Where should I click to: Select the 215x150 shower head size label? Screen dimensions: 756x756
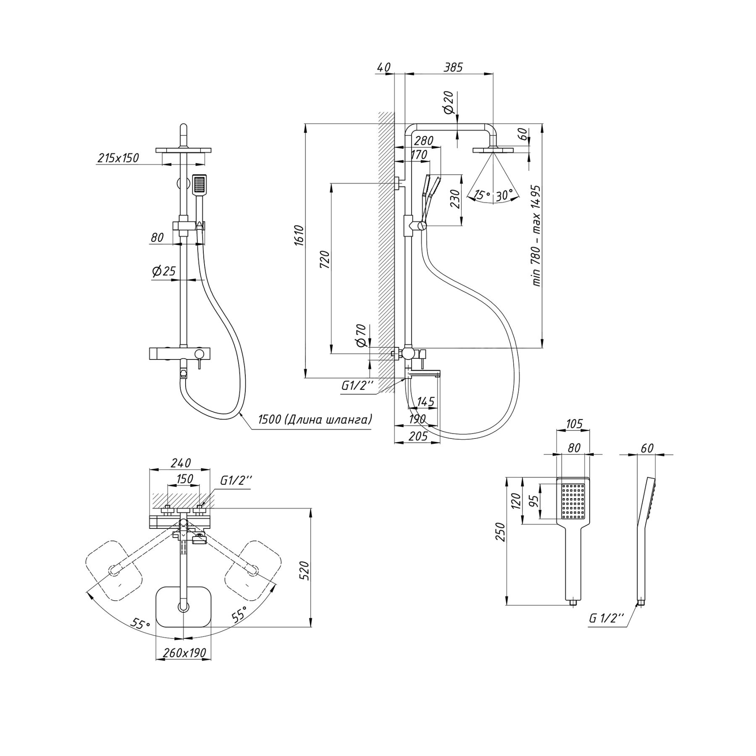tap(118, 158)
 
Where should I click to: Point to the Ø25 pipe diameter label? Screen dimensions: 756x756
tap(163, 271)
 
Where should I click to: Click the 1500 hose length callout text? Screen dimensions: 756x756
tap(315, 419)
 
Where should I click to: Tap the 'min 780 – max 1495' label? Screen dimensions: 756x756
tap(536, 236)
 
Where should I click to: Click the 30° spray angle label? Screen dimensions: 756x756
tap(504, 195)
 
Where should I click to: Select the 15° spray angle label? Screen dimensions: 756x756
tap(482, 195)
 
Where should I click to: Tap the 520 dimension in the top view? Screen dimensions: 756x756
tap(306, 570)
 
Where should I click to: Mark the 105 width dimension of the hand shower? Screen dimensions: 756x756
tap(574, 424)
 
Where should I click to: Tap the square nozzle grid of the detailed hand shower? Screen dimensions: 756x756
tap(573, 501)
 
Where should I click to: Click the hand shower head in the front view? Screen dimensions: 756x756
tap(199, 184)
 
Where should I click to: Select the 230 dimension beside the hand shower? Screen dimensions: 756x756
tap(455, 199)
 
